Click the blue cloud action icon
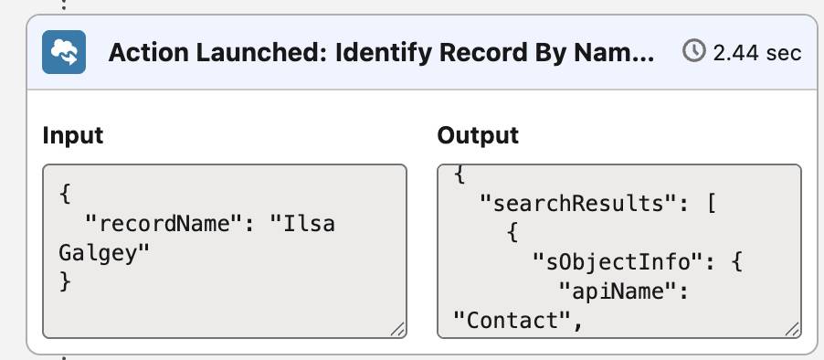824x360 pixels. click(64, 52)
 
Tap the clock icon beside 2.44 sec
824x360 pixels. click(693, 51)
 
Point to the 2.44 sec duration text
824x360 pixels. click(757, 53)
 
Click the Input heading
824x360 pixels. click(73, 135)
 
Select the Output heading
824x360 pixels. click(478, 135)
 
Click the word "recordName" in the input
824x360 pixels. click(165, 225)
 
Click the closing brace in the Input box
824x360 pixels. click(65, 282)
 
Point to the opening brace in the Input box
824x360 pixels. click(65, 195)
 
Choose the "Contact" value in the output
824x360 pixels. click(512, 320)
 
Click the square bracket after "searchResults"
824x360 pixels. click(712, 203)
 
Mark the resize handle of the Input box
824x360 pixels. click(397, 329)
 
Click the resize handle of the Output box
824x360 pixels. click(793, 329)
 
